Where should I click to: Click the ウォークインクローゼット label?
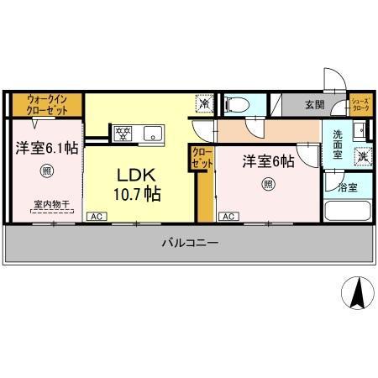47,105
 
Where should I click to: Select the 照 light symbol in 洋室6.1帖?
46,172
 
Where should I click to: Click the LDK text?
133,176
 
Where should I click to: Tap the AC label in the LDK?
97,216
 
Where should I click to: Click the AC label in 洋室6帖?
228,216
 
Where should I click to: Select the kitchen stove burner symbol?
123,132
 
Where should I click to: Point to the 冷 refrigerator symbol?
205,104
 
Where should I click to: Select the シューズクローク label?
360,104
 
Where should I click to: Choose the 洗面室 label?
337,145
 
